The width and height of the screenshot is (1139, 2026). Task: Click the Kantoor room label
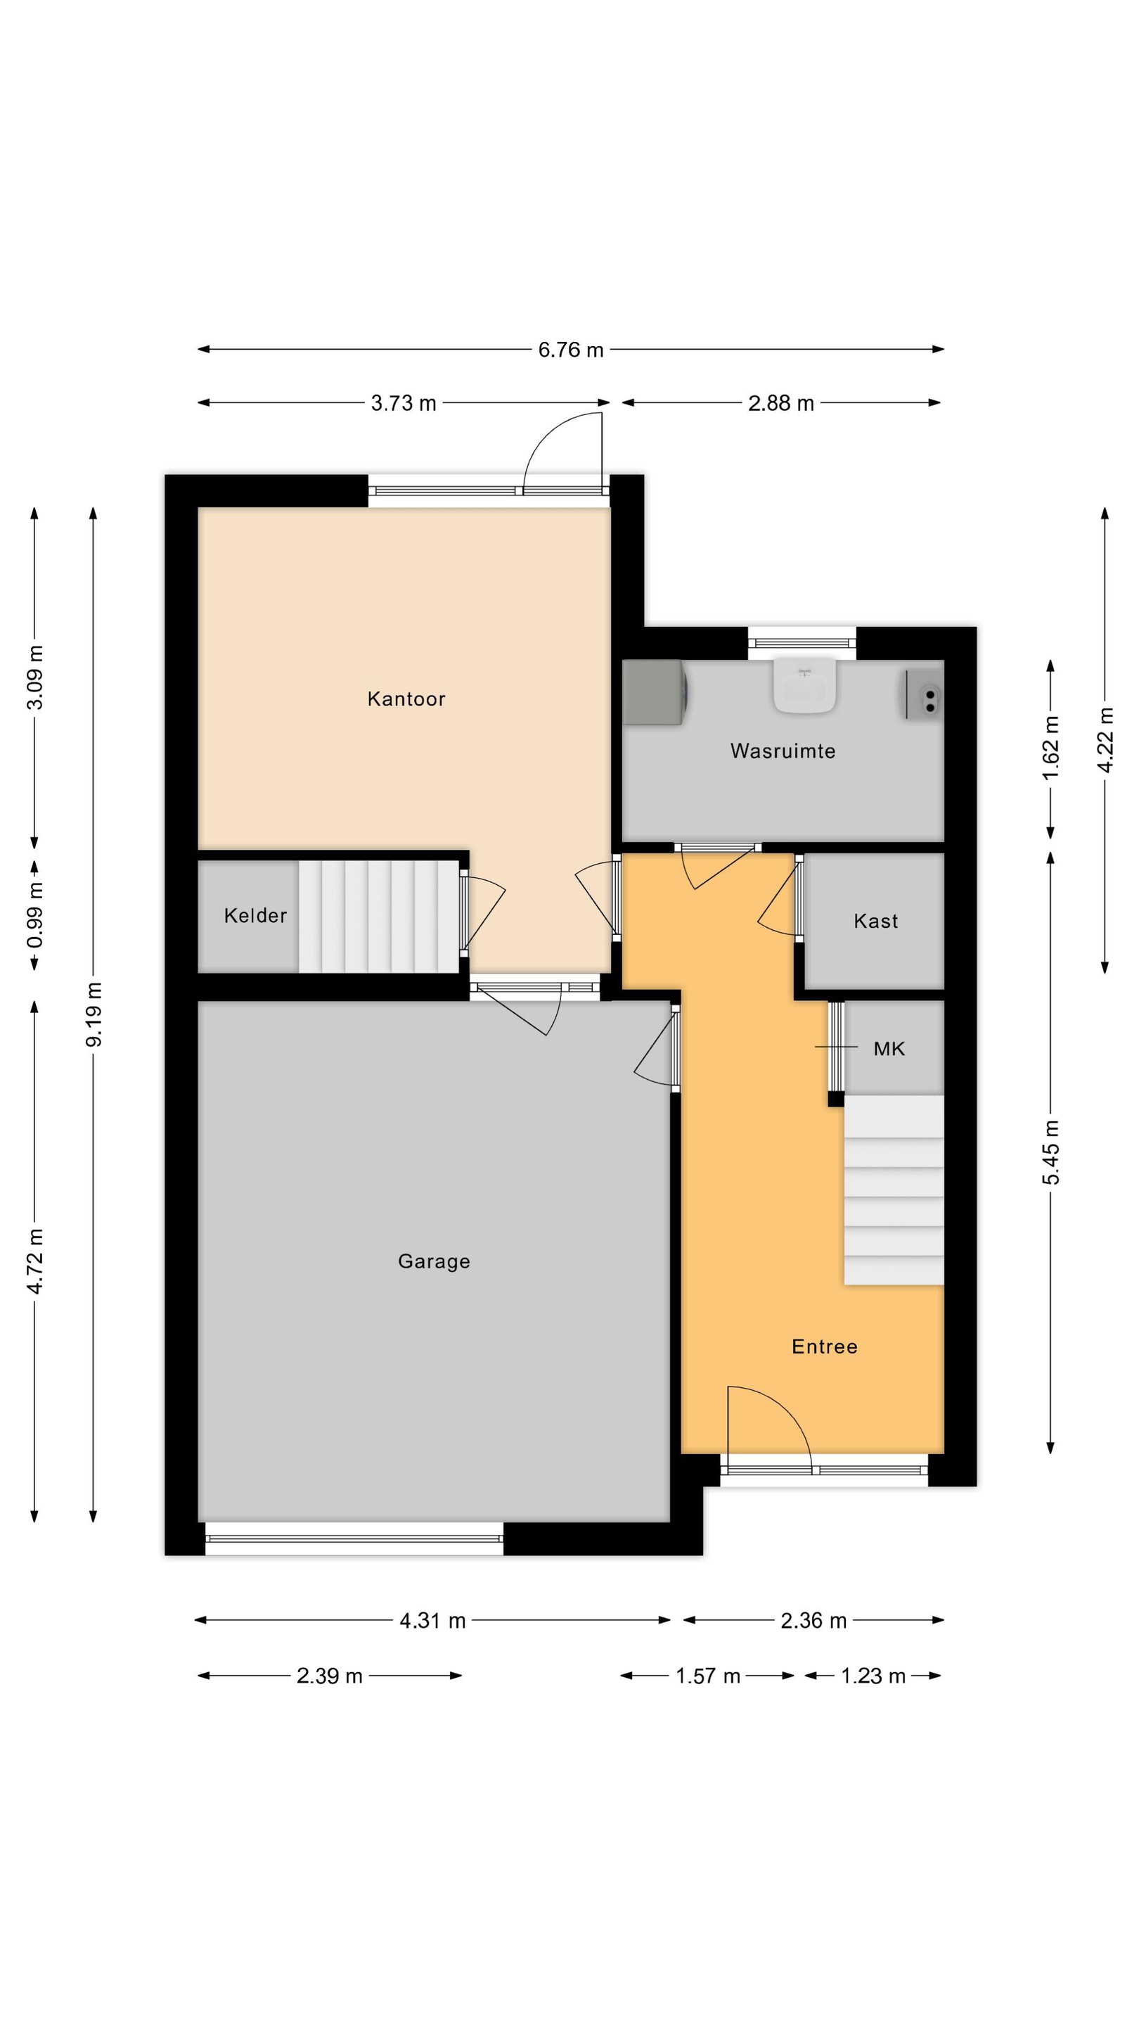point(406,699)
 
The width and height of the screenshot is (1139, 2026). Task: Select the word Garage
point(434,1261)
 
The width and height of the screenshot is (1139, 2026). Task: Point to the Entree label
point(824,1346)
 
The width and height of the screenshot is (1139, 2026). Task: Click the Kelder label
point(255,915)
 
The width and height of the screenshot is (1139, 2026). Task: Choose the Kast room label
point(875,920)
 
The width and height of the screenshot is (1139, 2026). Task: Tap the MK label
point(889,1048)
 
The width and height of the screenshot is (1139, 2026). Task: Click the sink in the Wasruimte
point(804,685)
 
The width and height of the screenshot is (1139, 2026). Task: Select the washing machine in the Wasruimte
point(655,692)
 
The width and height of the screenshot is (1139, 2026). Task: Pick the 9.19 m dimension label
point(94,1014)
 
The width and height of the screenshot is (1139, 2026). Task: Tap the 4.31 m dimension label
point(432,1620)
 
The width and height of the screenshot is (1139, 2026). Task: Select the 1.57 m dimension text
point(707,1676)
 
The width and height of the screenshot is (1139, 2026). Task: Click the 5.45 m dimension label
point(1051,1152)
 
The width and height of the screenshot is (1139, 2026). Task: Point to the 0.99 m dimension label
point(34,915)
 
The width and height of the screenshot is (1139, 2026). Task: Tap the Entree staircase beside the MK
point(894,1190)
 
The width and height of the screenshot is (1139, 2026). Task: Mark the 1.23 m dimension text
point(873,1676)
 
